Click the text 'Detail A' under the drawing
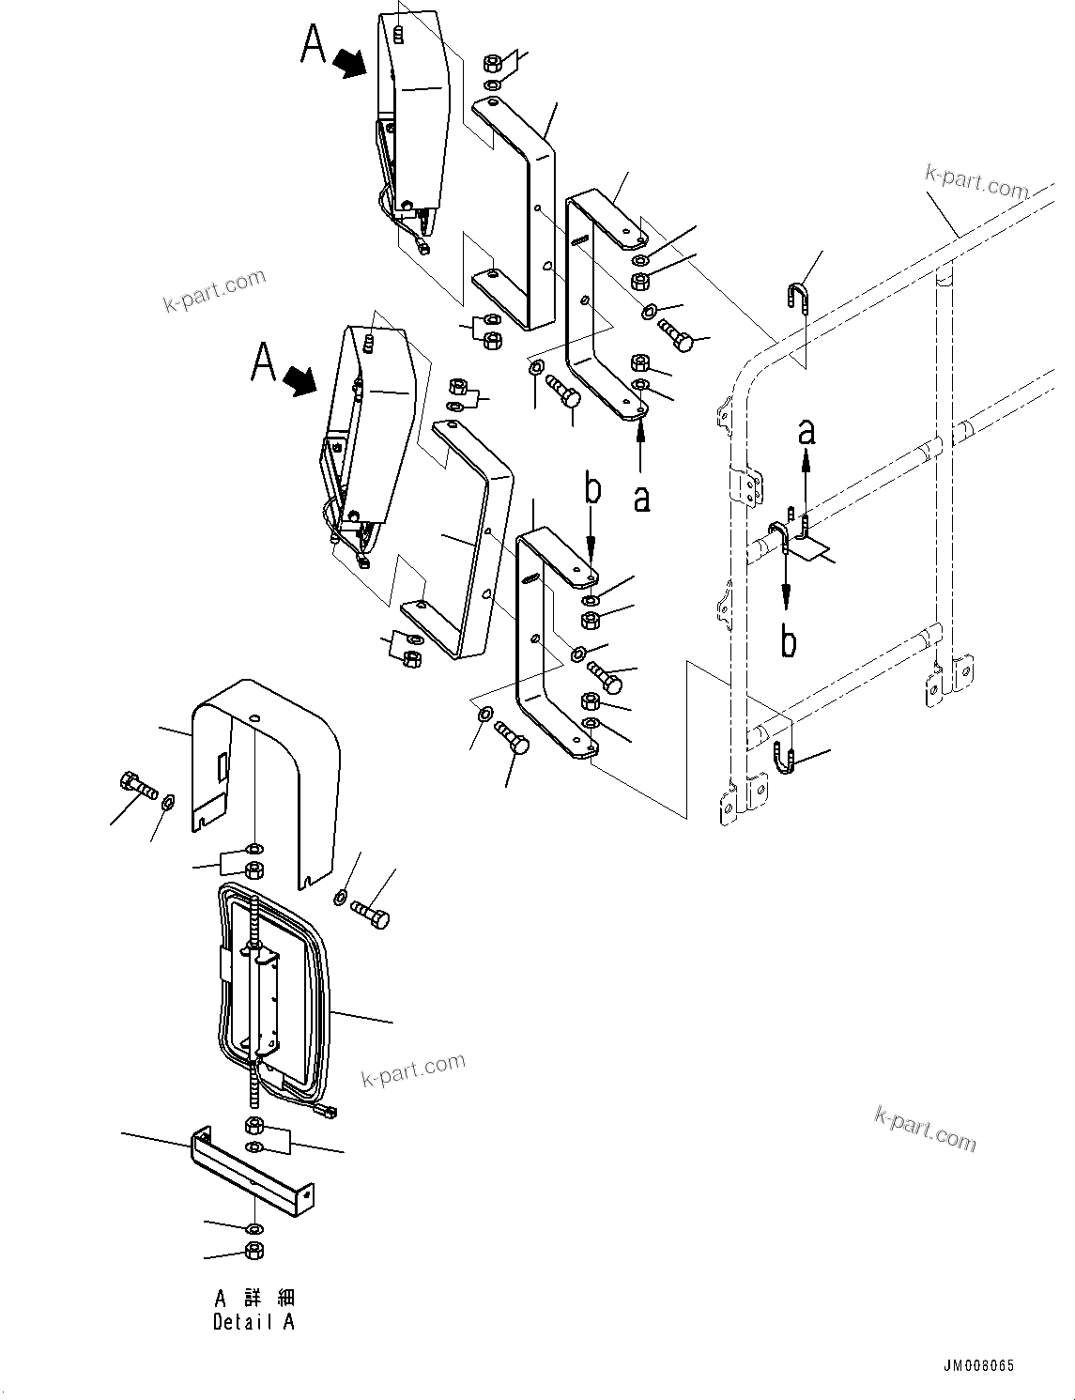(x=253, y=1322)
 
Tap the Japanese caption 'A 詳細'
(x=254, y=1299)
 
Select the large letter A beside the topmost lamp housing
(x=314, y=44)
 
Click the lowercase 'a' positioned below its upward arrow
(x=641, y=497)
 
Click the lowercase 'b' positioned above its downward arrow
(x=591, y=490)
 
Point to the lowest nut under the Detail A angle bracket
(x=253, y=1250)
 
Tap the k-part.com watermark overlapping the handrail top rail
(x=976, y=181)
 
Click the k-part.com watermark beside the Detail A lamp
(x=414, y=1069)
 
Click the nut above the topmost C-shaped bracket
(x=492, y=65)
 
